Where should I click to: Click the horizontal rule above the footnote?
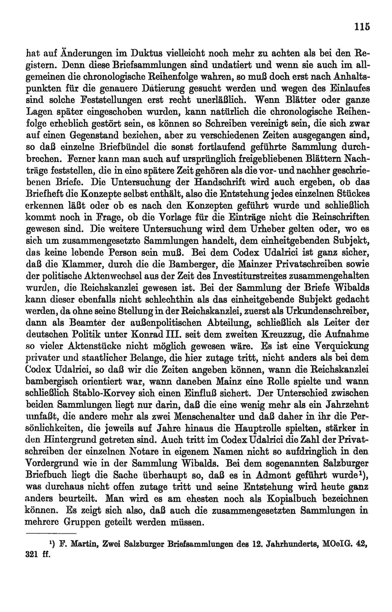point(51,534)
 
